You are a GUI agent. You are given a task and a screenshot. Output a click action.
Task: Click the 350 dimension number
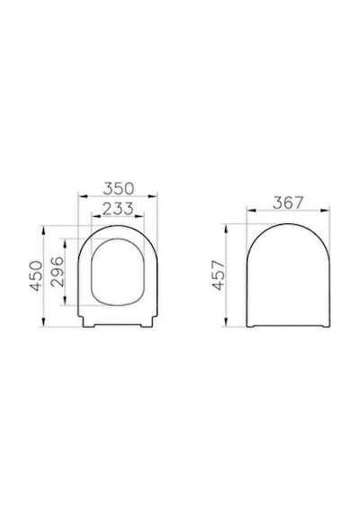coord(119,188)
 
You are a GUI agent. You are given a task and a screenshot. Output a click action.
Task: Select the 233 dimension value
coord(118,209)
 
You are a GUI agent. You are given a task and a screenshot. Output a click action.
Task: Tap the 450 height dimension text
coord(36,275)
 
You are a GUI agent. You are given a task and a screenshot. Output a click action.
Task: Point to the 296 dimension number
coord(58,272)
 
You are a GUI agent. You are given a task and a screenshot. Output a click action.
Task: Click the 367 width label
coord(288,202)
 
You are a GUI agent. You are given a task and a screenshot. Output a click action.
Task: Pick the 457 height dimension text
coord(219,274)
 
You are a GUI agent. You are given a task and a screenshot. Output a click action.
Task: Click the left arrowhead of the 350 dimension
coord(84,196)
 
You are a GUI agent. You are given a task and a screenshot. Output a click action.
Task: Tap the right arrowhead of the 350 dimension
coord(152,196)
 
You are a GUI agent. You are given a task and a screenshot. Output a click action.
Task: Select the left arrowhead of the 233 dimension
coord(96,216)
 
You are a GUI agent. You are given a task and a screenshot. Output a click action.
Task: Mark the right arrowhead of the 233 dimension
coord(139,216)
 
